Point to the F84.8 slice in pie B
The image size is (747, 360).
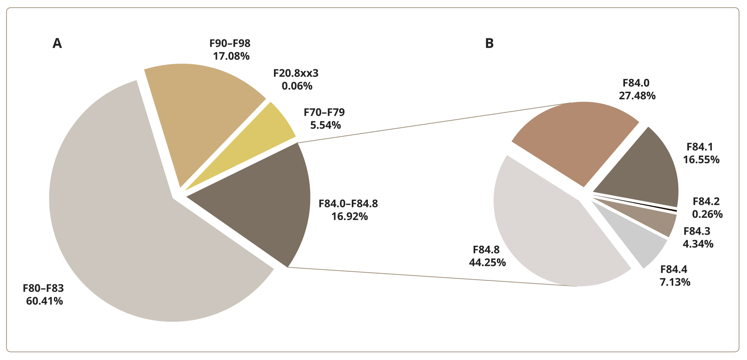coord(548,226)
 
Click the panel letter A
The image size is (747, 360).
coord(57,43)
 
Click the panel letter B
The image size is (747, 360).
coord(489,43)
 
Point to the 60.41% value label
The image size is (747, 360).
coord(44,301)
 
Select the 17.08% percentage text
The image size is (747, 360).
coord(231,56)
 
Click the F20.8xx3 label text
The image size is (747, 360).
coord(296,73)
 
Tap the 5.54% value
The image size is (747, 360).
coord(325,125)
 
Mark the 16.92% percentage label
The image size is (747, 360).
coord(350,217)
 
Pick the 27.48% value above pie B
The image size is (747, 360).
coord(637,96)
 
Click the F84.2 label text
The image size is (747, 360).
coord(706,201)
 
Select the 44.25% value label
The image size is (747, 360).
coord(487,263)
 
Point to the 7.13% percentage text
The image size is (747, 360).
coord(675,282)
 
